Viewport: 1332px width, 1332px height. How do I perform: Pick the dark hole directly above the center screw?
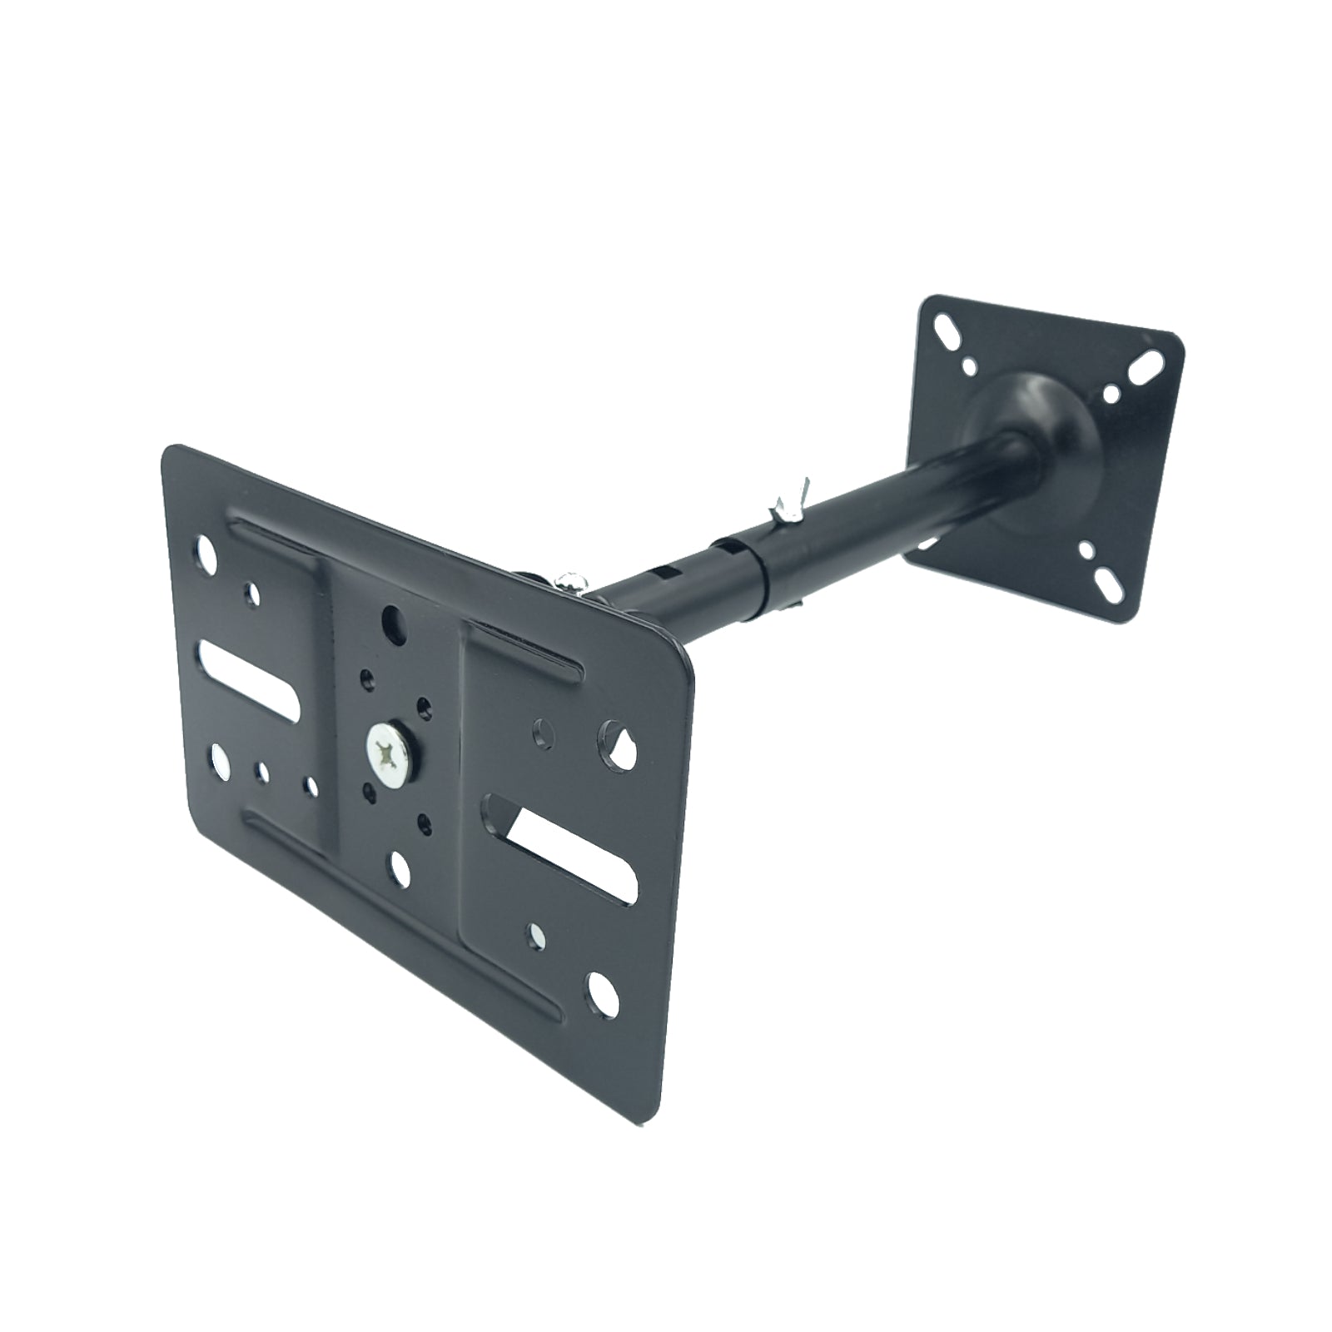point(390,619)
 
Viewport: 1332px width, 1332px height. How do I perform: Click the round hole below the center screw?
point(400,867)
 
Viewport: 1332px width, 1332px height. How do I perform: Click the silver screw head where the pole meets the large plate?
point(570,580)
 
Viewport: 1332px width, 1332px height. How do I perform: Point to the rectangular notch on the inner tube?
point(663,573)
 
